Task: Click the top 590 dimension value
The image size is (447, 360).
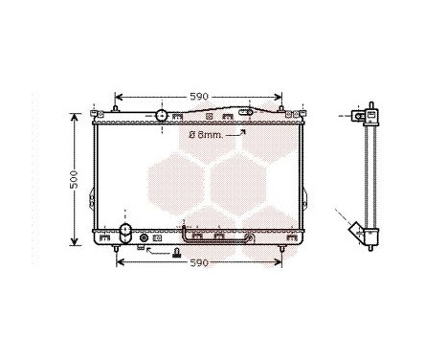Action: [197, 96]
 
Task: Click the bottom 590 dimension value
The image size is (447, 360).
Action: [197, 262]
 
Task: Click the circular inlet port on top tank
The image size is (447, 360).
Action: [161, 115]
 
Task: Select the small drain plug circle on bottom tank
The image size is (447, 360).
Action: [145, 238]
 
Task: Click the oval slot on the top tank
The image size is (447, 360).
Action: [247, 112]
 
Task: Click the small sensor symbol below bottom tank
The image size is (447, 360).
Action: [175, 253]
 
